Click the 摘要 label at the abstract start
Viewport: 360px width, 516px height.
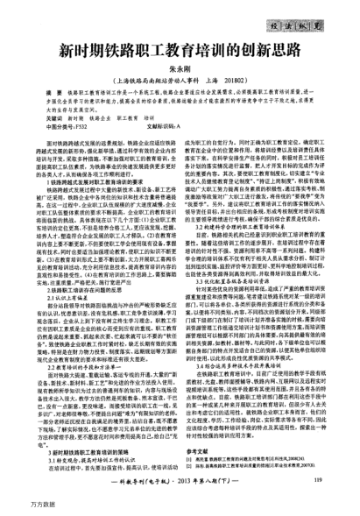[x=64, y=90]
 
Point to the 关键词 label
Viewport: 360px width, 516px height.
[x=62, y=116]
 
